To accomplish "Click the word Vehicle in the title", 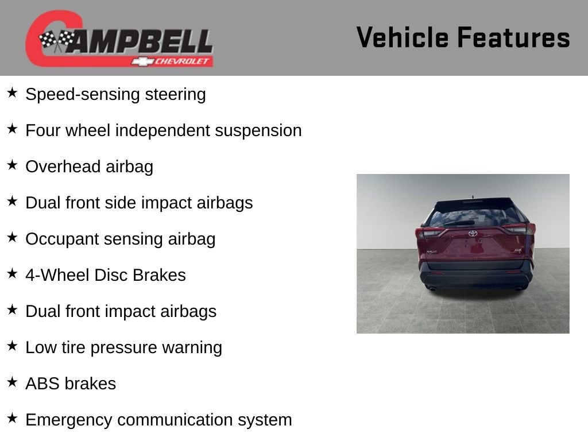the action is coord(403,37).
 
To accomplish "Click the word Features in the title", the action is coord(514,37).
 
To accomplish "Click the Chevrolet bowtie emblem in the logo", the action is coord(142,61).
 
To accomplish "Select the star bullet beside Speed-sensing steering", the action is coord(12,92).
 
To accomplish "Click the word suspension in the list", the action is coord(258,131).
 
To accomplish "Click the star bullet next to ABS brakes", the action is coord(12,382).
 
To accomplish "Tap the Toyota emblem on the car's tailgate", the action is coord(473,233).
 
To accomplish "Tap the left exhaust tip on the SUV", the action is coord(432,289).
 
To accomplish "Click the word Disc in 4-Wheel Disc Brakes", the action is coord(111,275).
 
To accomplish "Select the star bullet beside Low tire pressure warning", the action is coord(12,346).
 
